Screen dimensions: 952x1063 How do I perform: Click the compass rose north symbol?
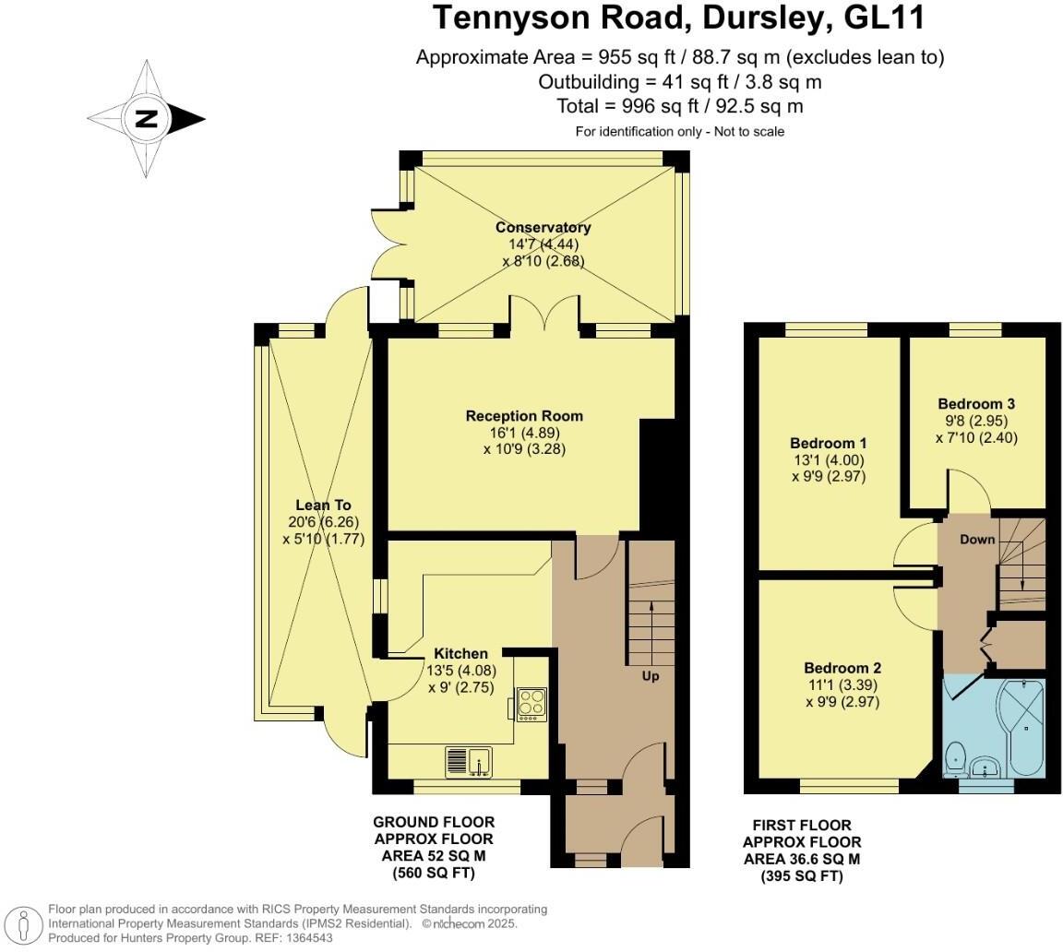146,119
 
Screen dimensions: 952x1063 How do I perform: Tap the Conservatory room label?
543,228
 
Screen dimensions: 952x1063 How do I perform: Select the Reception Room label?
524,416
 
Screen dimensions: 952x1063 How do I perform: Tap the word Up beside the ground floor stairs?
651,675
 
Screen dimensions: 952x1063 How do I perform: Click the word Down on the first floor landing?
976,539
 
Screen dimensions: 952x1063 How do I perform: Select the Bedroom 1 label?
828,443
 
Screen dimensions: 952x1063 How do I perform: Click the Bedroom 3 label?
976,404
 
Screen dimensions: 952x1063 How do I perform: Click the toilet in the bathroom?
955,756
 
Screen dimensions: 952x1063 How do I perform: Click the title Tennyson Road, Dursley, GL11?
679,18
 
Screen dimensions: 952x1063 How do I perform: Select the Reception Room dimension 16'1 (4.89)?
524,433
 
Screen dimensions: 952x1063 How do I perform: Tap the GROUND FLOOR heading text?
433,822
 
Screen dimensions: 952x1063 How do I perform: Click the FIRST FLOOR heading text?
802,825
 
